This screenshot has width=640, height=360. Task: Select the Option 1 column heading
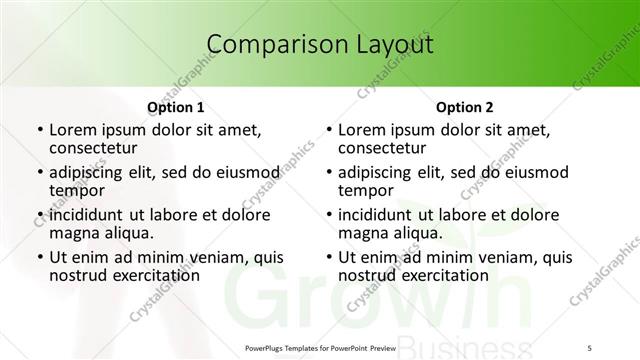click(176, 107)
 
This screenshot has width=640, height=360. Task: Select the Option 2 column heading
click(465, 107)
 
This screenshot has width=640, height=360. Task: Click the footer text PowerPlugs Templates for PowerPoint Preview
click(319, 348)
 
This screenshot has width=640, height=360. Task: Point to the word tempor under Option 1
click(77, 190)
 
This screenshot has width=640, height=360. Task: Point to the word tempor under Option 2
click(366, 190)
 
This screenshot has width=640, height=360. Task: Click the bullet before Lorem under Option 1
click(39, 131)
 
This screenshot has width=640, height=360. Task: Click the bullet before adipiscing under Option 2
click(328, 173)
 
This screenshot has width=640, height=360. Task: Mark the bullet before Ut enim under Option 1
click(39, 258)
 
